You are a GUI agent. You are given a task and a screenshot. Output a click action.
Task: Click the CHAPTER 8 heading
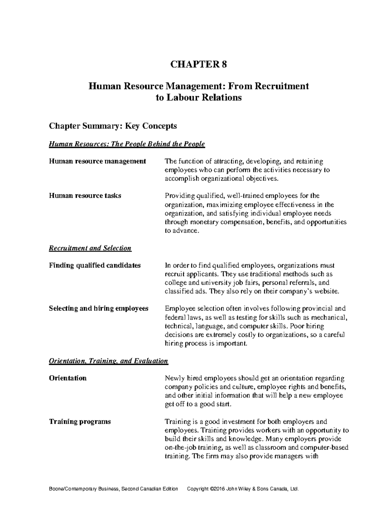click(198, 64)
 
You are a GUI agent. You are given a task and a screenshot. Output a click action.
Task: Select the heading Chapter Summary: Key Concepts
click(113, 126)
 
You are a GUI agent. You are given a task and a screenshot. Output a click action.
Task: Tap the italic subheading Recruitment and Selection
click(90, 248)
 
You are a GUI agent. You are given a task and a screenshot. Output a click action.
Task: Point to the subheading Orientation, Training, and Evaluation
click(108, 361)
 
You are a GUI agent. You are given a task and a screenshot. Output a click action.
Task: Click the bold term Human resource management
click(97, 161)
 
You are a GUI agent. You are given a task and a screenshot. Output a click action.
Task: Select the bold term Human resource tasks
click(85, 196)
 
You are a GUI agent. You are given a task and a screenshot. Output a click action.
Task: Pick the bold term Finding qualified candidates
click(95, 265)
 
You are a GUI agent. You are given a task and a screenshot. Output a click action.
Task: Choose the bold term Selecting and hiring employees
click(98, 308)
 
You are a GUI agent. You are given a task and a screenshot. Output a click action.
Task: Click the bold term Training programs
click(80, 421)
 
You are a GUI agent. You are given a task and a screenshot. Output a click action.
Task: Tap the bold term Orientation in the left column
click(68, 378)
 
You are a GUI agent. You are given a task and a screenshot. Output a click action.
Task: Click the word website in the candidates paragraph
click(326, 292)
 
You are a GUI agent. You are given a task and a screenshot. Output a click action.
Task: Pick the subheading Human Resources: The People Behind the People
click(126, 144)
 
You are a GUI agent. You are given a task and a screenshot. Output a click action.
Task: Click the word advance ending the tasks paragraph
click(186, 231)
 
